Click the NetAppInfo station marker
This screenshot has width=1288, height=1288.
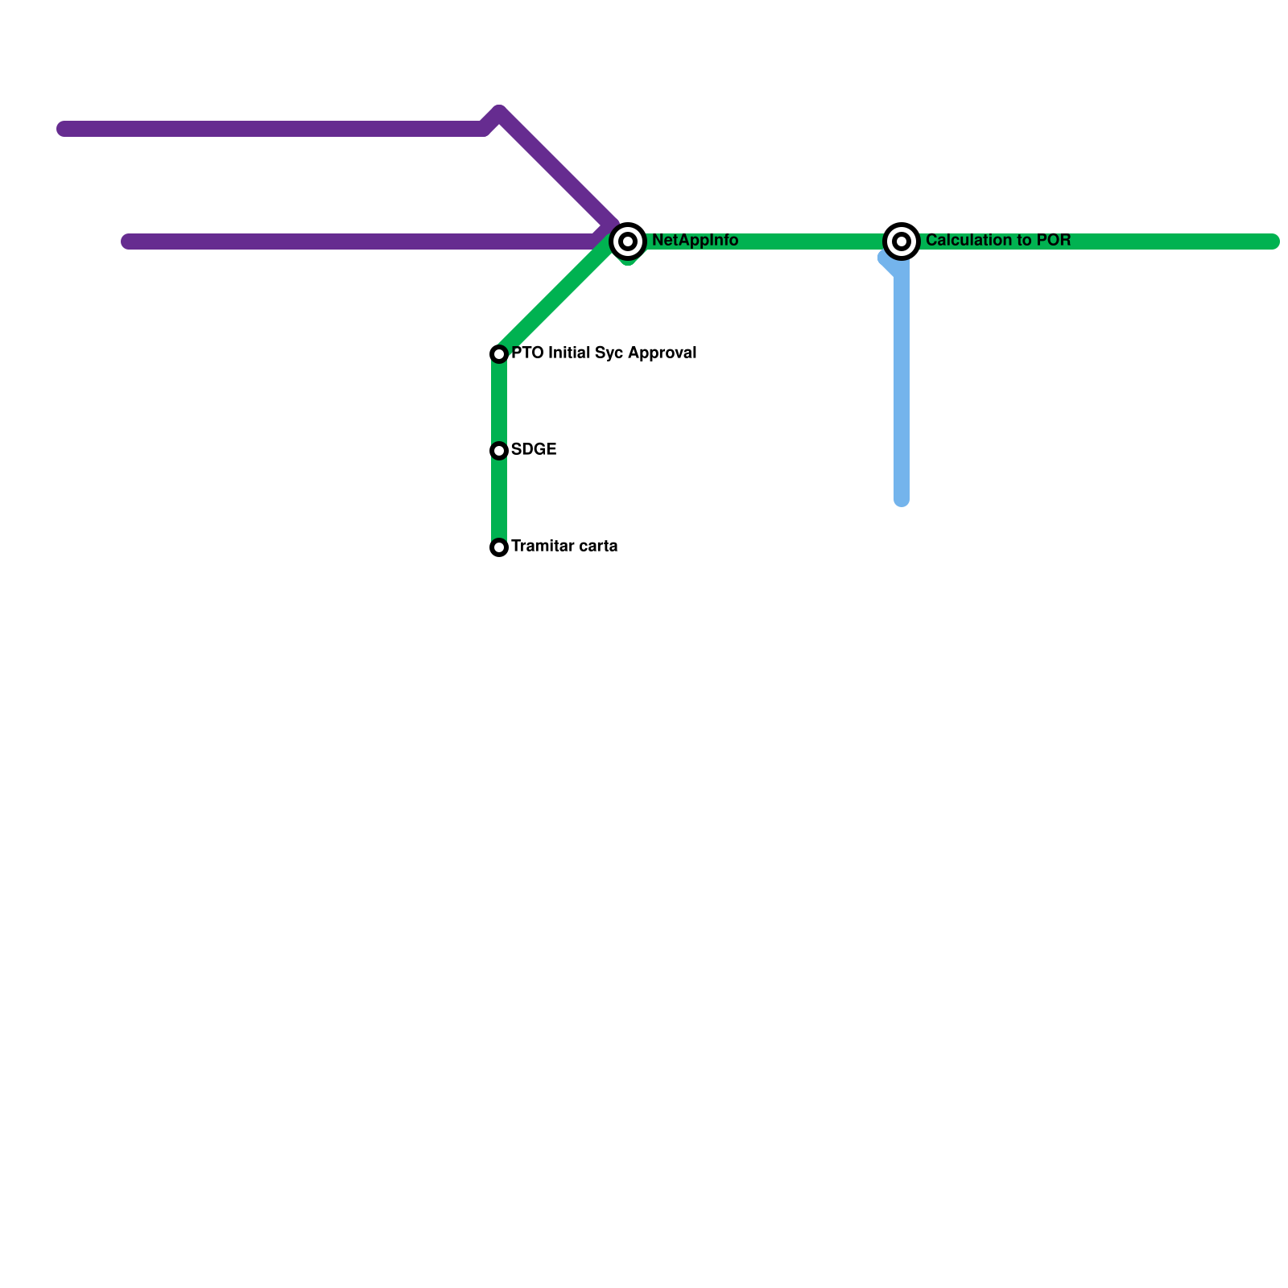click(628, 241)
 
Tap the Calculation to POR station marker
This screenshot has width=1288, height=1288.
click(902, 241)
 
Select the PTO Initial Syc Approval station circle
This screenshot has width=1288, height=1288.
click(499, 354)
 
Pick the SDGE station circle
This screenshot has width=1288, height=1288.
click(499, 451)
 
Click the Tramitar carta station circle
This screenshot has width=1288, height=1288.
click(499, 547)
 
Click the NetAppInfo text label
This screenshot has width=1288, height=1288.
click(695, 240)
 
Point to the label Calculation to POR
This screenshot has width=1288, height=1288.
click(998, 240)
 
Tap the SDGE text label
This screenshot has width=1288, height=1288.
click(534, 449)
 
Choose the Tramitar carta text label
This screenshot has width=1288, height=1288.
click(564, 546)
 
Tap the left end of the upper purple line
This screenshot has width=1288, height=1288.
click(64, 129)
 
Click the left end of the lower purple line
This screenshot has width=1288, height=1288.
click(128, 242)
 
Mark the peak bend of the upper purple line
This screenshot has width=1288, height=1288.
click(499, 113)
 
